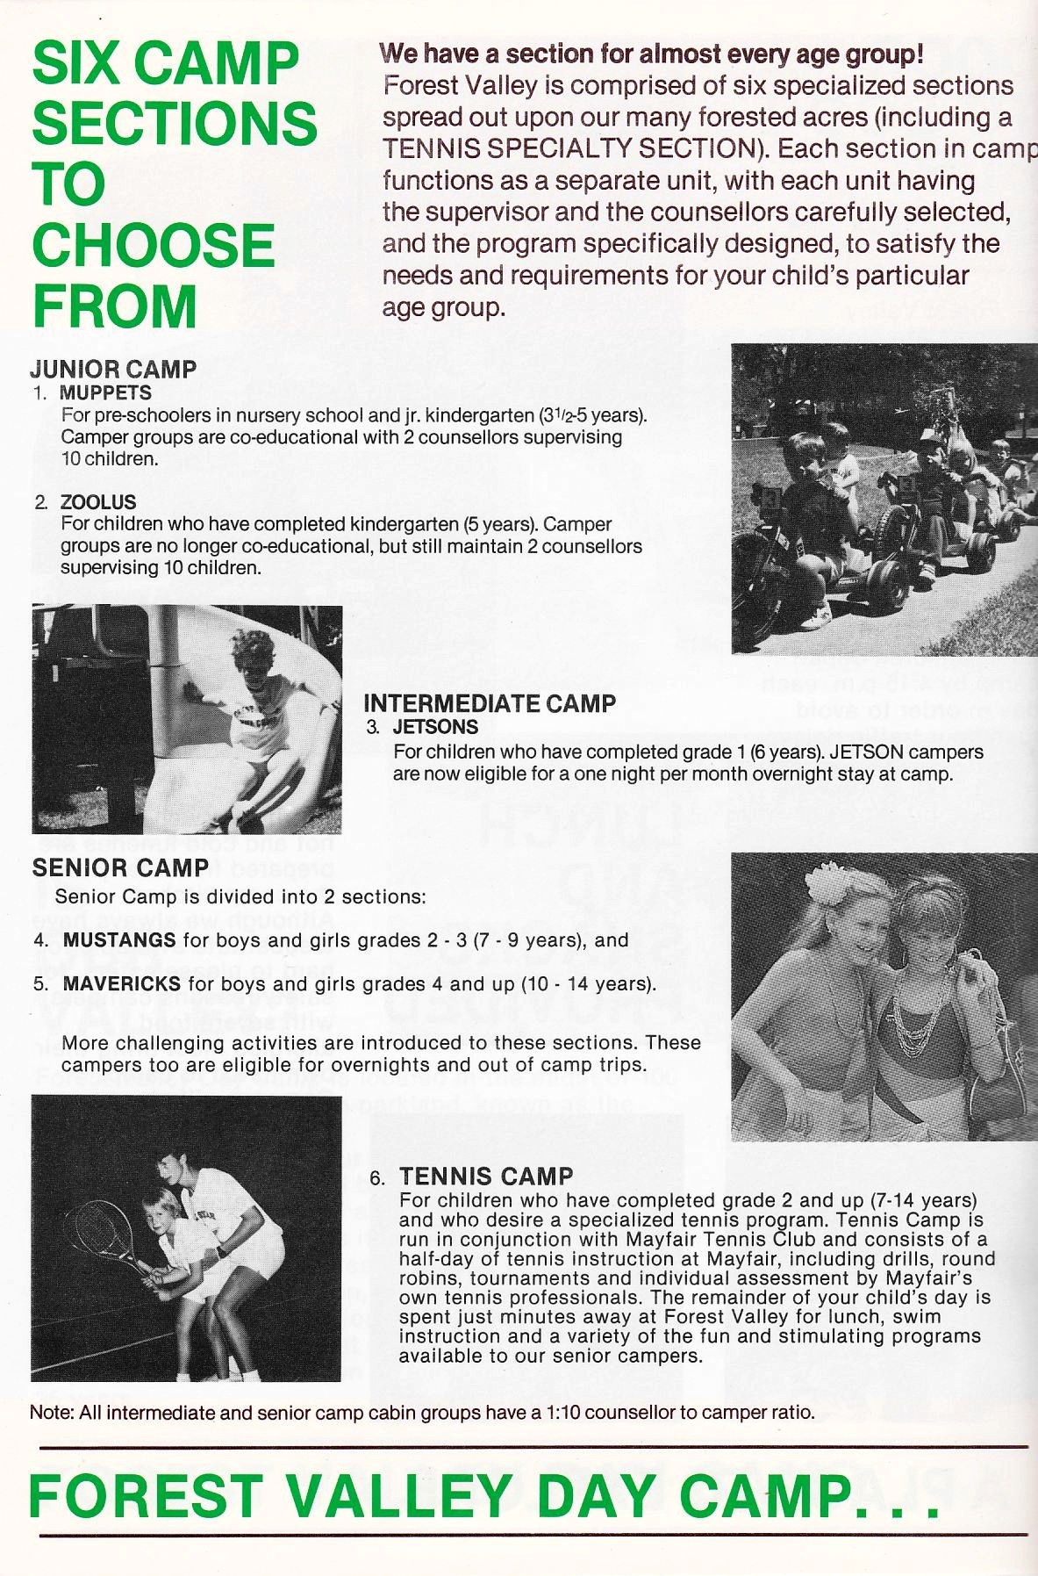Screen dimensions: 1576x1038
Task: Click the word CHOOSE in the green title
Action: coord(154,245)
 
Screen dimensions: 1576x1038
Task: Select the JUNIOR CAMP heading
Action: coord(114,370)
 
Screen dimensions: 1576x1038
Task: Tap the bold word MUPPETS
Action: coord(105,392)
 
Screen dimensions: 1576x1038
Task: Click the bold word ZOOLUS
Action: coord(98,502)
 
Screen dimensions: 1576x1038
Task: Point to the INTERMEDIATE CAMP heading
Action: coord(490,703)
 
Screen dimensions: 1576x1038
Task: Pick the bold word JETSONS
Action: coord(435,727)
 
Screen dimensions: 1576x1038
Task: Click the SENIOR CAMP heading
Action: coord(120,868)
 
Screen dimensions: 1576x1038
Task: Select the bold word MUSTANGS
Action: coord(119,940)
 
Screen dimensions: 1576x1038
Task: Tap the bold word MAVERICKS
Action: coord(122,984)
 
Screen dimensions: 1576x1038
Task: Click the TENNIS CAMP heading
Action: coord(486,1177)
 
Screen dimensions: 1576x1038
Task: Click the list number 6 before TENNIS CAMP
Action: coord(377,1178)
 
